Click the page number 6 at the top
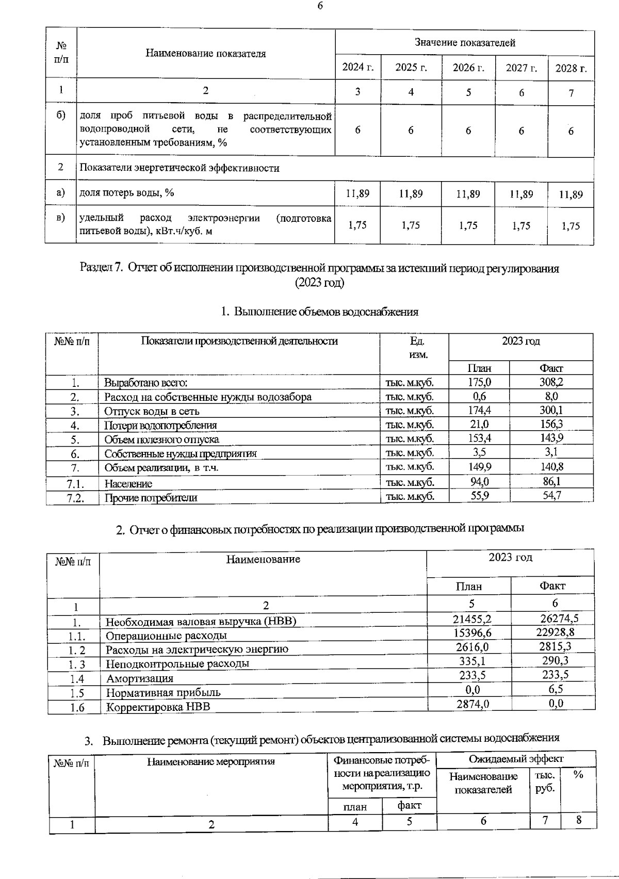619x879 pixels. (x=320, y=6)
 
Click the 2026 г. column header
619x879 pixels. (x=468, y=68)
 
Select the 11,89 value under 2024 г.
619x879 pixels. (x=357, y=194)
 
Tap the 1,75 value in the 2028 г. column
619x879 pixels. (x=571, y=226)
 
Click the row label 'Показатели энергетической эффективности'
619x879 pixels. (x=179, y=168)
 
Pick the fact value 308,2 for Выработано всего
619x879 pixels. (x=551, y=382)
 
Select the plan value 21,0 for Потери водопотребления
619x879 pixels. (x=479, y=425)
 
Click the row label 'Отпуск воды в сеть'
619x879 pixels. (x=152, y=412)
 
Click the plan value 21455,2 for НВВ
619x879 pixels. (x=469, y=619)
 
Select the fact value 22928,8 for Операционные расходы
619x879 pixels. (x=552, y=632)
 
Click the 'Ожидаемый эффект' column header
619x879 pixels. (x=516, y=759)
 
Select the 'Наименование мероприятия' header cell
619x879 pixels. (x=211, y=762)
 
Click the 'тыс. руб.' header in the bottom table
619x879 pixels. (x=545, y=782)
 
